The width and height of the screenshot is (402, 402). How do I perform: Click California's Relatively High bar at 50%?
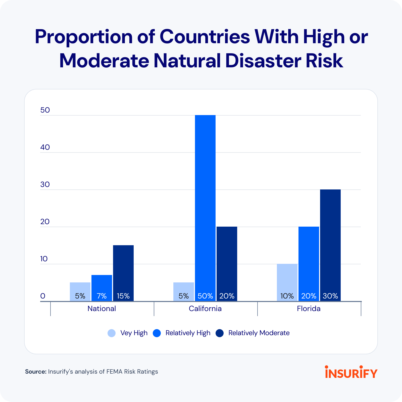tap(205, 201)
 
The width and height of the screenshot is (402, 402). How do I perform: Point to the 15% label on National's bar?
tap(123, 296)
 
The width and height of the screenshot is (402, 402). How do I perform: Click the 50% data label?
tap(205, 296)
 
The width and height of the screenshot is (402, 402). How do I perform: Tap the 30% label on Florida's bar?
tap(330, 296)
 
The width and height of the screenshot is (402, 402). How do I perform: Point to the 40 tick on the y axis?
tap(45, 147)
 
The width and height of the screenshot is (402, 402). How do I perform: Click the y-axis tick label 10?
tap(44, 259)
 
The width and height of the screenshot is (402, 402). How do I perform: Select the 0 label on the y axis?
tap(43, 296)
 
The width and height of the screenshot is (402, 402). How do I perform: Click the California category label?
tap(205, 309)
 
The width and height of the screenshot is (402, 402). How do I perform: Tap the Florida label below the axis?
tap(309, 309)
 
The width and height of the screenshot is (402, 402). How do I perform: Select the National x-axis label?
tap(102, 309)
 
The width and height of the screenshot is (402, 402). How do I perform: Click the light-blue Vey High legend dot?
tap(112, 333)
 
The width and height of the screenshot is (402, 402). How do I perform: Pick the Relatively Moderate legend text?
tap(259, 333)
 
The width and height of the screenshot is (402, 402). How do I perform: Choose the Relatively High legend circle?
tap(157, 333)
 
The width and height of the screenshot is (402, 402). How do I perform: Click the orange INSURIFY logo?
tap(351, 372)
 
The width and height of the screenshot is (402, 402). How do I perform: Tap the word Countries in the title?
tap(205, 37)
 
